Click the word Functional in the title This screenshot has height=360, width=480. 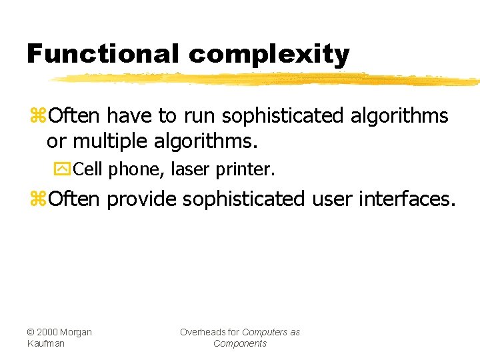(x=103, y=53)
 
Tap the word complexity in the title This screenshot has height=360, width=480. (x=269, y=53)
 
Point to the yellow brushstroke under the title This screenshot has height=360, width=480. (x=267, y=79)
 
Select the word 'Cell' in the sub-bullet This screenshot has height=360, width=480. (x=88, y=170)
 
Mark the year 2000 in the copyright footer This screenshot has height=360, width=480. (x=49, y=332)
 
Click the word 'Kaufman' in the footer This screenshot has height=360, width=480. (x=46, y=343)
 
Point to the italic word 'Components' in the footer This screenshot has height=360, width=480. (x=239, y=343)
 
